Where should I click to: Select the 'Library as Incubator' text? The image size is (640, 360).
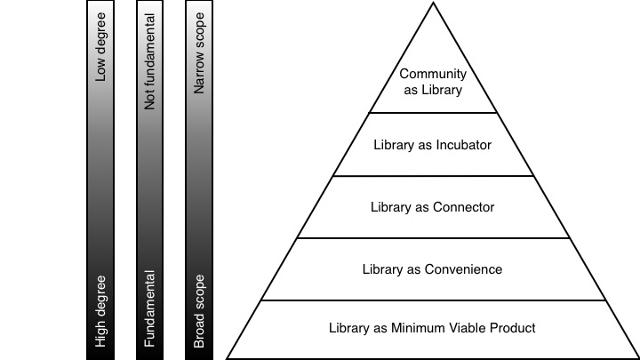tap(432, 144)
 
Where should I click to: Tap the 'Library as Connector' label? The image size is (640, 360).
tap(432, 207)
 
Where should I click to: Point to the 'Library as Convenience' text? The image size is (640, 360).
tap(432, 268)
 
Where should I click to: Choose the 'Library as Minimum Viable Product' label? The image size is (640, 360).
tap(432, 328)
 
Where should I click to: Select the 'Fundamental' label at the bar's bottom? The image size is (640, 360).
tap(150, 308)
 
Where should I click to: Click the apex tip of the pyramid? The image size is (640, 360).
tap(432, 4)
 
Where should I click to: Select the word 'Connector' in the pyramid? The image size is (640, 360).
tap(464, 207)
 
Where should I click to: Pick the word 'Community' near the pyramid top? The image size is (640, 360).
tap(432, 75)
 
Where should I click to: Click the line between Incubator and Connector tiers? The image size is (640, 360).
tap(432, 176)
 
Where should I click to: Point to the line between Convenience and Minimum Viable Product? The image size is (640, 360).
tap(432, 300)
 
